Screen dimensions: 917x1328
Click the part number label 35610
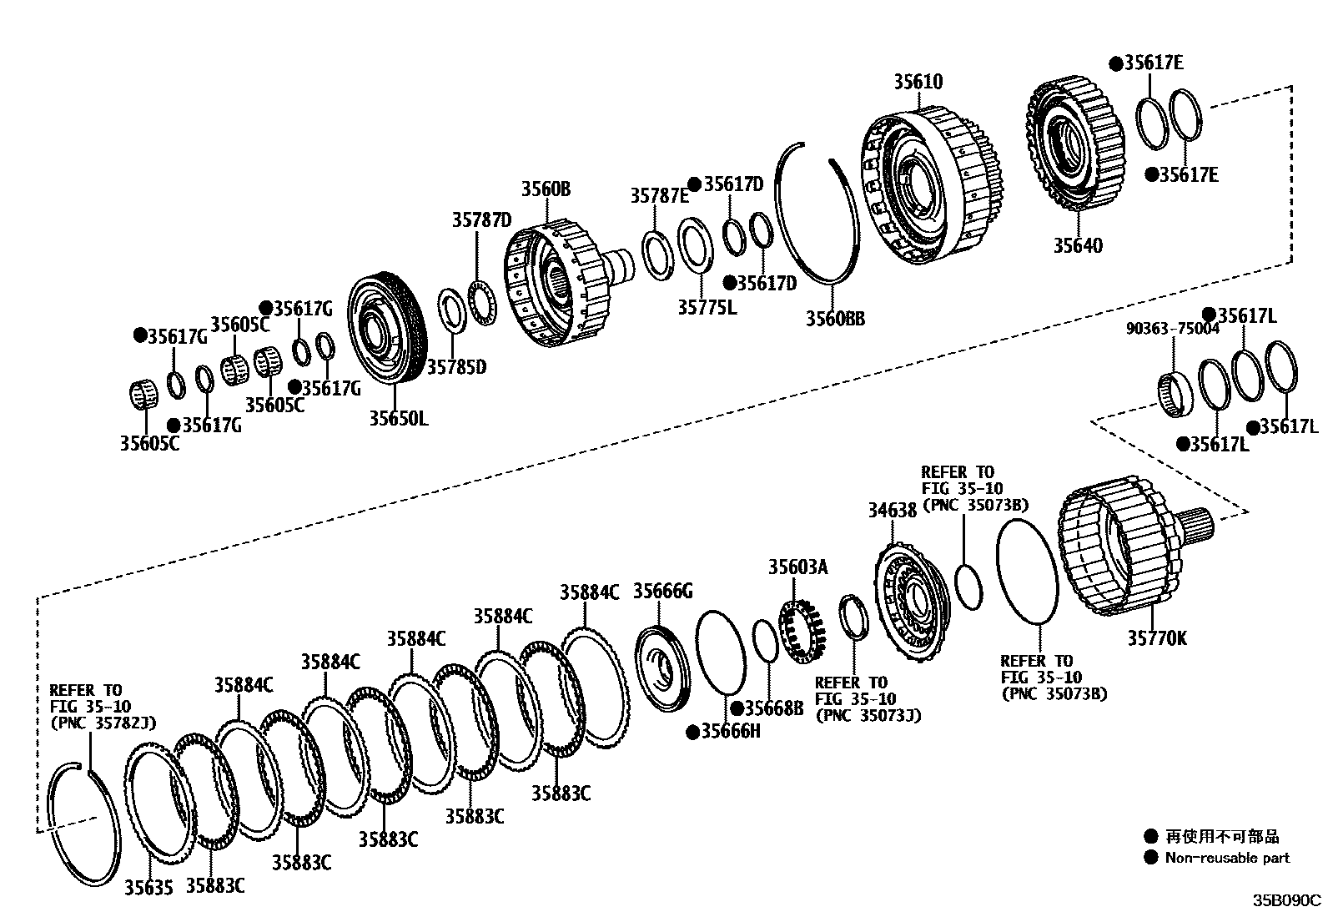point(918,81)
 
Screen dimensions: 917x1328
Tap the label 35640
point(1076,245)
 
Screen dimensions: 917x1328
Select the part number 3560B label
point(546,189)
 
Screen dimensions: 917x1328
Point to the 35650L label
point(398,418)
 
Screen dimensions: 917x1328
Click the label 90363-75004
point(1172,329)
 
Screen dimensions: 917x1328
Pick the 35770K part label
point(1157,638)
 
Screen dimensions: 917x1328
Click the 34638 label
point(892,508)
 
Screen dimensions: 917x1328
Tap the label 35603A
point(797,567)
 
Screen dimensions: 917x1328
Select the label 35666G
point(662,591)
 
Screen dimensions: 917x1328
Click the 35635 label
point(148,888)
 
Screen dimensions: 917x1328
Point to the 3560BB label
point(834,318)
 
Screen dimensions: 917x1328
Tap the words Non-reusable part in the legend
point(1226,857)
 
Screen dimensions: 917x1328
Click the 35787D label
point(481,219)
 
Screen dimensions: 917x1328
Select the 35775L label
point(707,307)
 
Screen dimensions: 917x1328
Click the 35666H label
point(730,732)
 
